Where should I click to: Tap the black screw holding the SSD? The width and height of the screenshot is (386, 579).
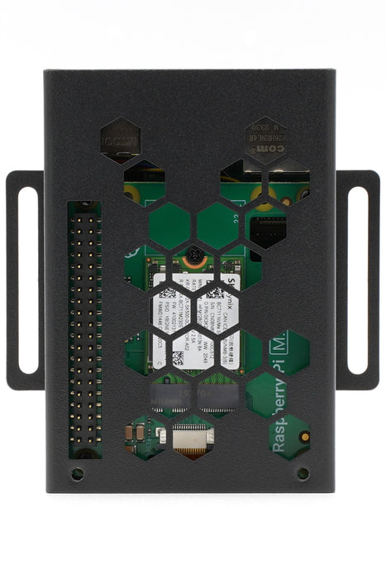[x=193, y=258]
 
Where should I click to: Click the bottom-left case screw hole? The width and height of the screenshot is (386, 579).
[x=77, y=474]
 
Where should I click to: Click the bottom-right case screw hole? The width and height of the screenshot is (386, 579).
[x=303, y=474]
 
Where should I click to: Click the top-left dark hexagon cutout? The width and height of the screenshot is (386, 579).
[x=121, y=140]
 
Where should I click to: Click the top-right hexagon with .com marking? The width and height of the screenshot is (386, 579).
[x=266, y=136]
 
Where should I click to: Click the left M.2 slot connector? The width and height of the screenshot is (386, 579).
[x=170, y=395]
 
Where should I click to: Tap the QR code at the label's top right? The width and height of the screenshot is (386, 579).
[x=215, y=291]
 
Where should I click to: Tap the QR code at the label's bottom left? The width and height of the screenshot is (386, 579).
[x=178, y=357]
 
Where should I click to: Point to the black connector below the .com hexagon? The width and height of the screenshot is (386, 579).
[x=267, y=228]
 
